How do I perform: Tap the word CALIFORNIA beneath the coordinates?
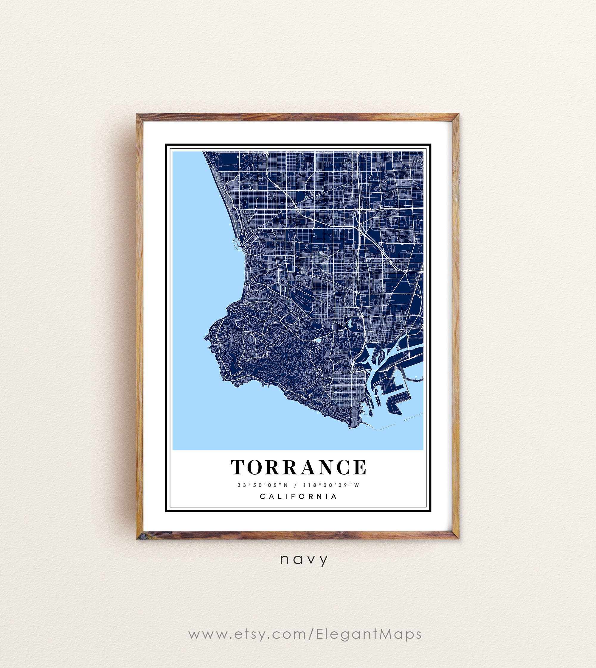(x=298, y=496)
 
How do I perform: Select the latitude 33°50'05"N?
(x=263, y=485)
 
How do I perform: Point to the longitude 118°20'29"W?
(x=331, y=485)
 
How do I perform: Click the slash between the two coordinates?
(x=296, y=485)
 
